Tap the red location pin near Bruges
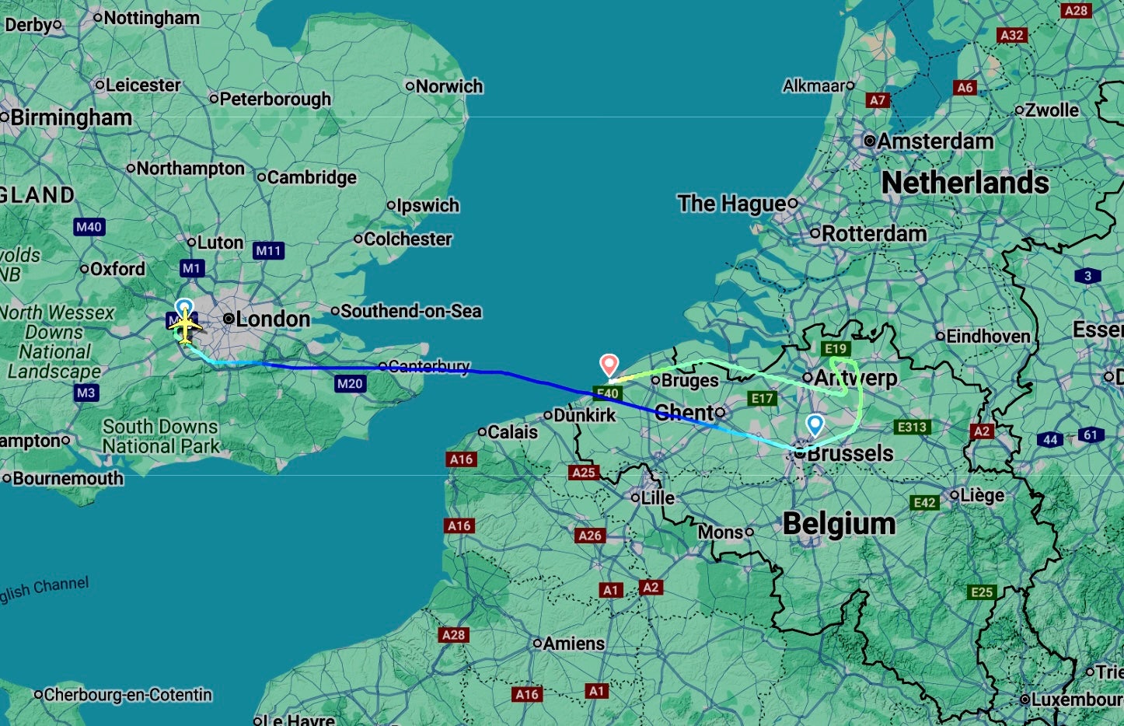pyautogui.click(x=609, y=364)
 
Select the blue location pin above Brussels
pyautogui.click(x=815, y=424)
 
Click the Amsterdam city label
pyautogui.click(x=935, y=141)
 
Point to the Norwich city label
pyautogui.click(x=449, y=86)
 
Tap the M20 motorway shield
pyautogui.click(x=350, y=383)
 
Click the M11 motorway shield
pyautogui.click(x=268, y=250)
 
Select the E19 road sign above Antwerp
pyautogui.click(x=836, y=348)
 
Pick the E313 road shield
pyautogui.click(x=911, y=427)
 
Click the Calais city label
pyautogui.click(x=512, y=431)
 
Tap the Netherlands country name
pyautogui.click(x=965, y=183)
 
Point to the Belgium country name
pyautogui.click(x=839, y=523)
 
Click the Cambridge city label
pyautogui.click(x=311, y=177)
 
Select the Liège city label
pyautogui.click(x=982, y=495)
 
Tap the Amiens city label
pyautogui.click(x=574, y=644)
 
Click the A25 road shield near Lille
pyautogui.click(x=583, y=472)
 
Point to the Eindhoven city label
pyautogui.click(x=987, y=337)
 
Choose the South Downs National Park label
pyautogui.click(x=160, y=436)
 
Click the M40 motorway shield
pyautogui.click(x=89, y=227)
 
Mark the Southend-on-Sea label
pyautogui.click(x=410, y=311)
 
